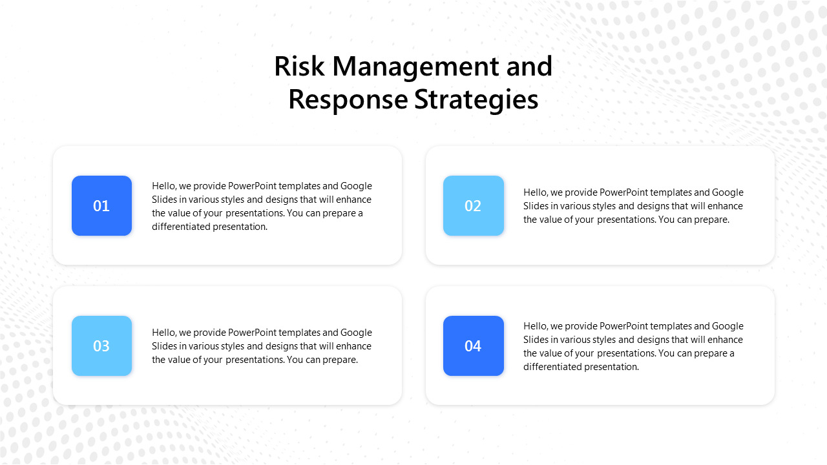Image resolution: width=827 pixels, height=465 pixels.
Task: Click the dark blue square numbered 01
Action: coord(101,205)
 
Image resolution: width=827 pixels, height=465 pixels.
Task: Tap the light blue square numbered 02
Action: coord(473,205)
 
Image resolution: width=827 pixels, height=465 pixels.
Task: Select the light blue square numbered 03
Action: coord(101,346)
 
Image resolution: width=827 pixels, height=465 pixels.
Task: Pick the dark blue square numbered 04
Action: coord(473,346)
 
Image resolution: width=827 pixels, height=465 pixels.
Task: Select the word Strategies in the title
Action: coord(477,100)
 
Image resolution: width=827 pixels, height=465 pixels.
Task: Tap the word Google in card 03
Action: coord(356,333)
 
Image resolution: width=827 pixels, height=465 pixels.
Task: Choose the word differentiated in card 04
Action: coord(552,367)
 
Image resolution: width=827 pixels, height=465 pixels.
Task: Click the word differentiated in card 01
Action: coord(181,227)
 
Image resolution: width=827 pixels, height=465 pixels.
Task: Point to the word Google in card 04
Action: coord(728,326)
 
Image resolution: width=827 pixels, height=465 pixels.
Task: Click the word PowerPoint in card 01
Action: coord(257,186)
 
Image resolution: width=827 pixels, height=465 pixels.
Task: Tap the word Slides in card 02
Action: coord(536,206)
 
